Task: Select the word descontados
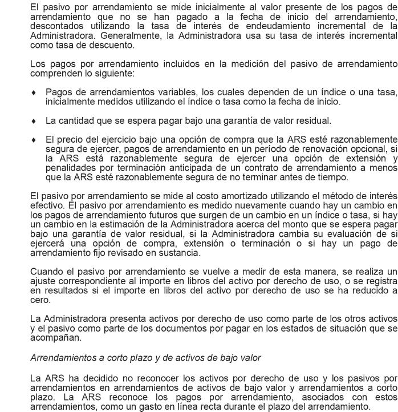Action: click(56, 26)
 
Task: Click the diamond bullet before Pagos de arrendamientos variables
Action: click(33, 92)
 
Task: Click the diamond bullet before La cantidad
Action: click(33, 121)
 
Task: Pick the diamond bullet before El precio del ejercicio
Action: click(33, 140)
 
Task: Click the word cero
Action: click(39, 299)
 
